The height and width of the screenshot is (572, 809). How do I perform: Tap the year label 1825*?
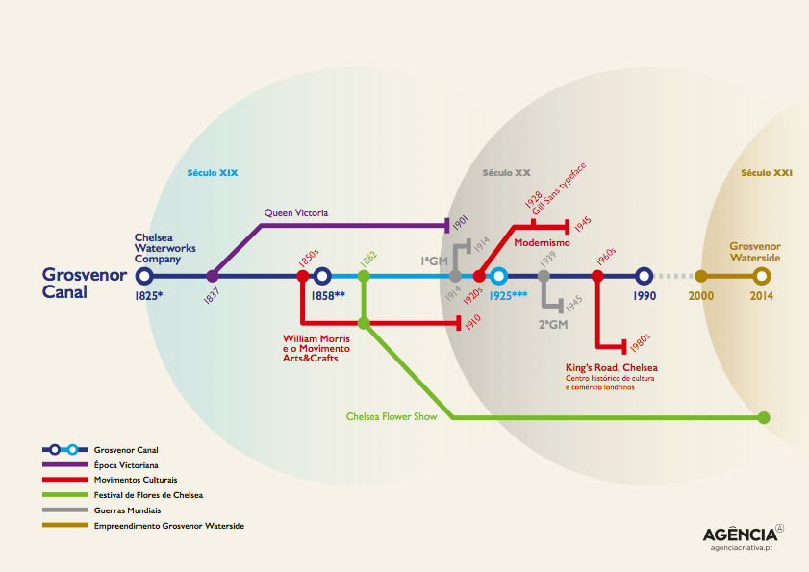click(x=149, y=296)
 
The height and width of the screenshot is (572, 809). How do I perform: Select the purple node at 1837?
click(x=212, y=276)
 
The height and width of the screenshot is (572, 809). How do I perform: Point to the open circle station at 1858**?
click(x=322, y=276)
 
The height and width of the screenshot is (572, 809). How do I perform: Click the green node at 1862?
click(x=364, y=276)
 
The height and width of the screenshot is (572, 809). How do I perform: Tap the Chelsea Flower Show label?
click(x=392, y=417)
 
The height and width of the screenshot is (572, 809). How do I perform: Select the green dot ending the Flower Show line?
click(x=763, y=417)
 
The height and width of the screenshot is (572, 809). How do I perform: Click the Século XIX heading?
click(x=212, y=173)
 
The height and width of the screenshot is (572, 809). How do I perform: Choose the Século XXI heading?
click(x=767, y=173)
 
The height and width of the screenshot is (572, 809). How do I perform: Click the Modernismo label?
click(x=542, y=243)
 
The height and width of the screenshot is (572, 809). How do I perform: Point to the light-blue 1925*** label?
click(x=508, y=296)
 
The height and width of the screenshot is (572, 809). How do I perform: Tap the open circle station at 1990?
click(x=645, y=276)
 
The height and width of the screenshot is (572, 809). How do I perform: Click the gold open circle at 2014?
click(x=762, y=276)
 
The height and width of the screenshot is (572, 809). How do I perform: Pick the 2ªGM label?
click(x=552, y=324)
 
